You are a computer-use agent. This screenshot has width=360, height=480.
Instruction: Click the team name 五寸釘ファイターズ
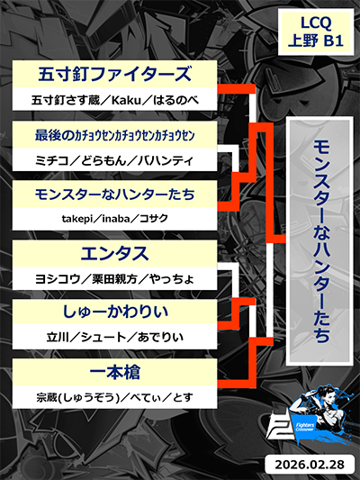click(114, 74)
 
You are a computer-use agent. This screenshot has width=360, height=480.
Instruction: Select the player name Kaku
click(126, 100)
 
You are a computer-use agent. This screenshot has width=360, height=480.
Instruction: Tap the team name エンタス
click(114, 253)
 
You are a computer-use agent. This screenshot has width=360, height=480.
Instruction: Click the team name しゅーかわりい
click(115, 312)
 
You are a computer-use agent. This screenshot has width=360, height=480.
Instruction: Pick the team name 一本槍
click(114, 372)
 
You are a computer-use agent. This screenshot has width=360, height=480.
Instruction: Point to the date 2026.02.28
click(310, 464)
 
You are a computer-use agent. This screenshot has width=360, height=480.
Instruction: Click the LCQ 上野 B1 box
click(316, 32)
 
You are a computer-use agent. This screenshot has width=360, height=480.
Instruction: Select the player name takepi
click(77, 219)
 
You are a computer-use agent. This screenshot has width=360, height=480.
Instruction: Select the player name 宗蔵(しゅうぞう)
click(77, 397)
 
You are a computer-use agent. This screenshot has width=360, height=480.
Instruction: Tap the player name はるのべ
click(175, 100)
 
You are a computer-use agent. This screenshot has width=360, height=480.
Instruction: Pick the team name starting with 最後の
click(114, 135)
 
